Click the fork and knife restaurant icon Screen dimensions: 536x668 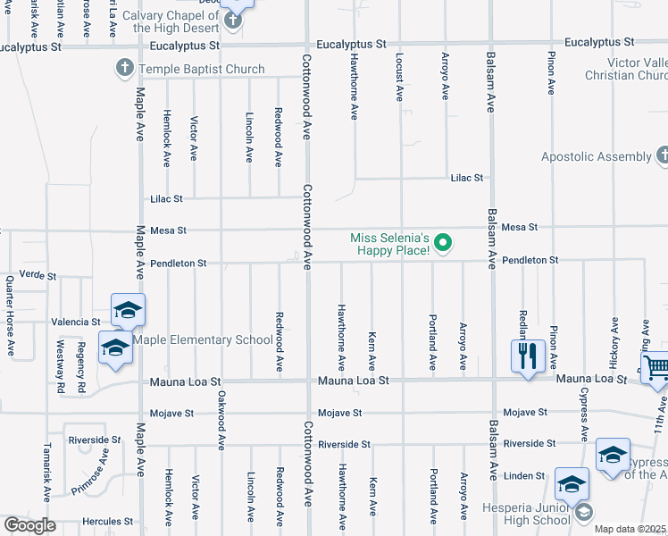tap(527, 356)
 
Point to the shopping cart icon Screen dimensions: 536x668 tap(655, 367)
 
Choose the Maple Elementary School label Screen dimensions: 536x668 tap(203, 339)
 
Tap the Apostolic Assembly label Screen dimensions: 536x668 tap(597, 156)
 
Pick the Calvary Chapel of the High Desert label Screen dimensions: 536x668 tap(170, 21)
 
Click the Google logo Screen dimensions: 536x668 tap(29, 525)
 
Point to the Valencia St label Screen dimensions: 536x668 tap(75, 322)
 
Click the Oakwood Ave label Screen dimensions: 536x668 tap(221, 420)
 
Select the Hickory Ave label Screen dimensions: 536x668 tap(614, 340)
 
